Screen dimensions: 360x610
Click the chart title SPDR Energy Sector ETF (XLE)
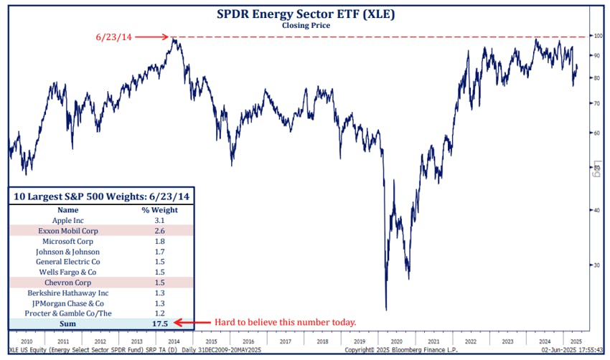pyautogui.click(x=306, y=13)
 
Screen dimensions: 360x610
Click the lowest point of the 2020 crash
pyautogui.click(x=387, y=309)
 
